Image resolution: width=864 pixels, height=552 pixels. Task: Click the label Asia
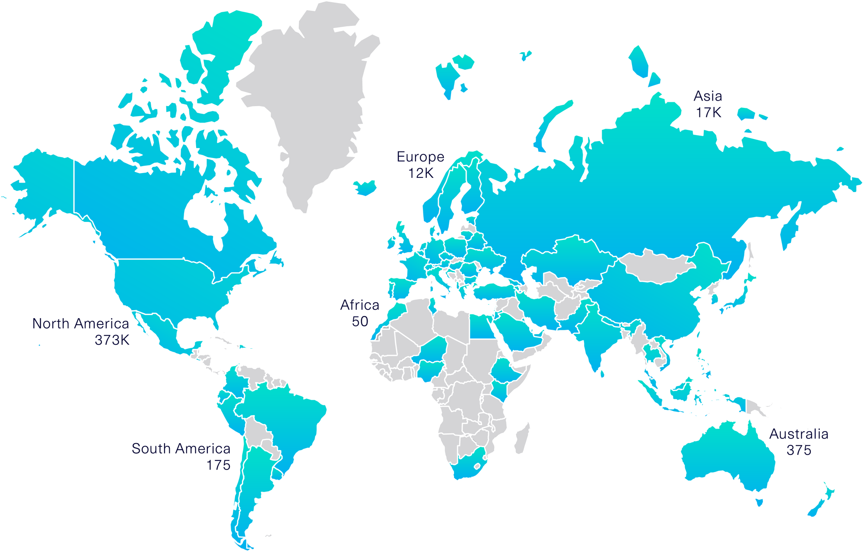coord(708,96)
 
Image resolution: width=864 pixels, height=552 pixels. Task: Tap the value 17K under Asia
coord(708,113)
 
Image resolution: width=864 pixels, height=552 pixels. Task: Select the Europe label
coord(420,157)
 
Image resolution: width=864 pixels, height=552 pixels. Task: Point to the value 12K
coord(421,173)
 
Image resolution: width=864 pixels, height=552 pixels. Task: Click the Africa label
coord(359,305)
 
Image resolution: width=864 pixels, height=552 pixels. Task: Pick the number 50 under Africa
coord(360,322)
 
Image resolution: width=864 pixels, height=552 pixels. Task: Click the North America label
coord(81,324)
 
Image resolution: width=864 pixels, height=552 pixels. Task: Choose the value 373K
coord(112,341)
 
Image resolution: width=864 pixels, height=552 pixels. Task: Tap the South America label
coord(181,449)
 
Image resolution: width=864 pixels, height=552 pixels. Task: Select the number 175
coord(218,465)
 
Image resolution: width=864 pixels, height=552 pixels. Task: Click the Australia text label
coord(799,434)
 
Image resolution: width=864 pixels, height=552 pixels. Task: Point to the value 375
coord(799,451)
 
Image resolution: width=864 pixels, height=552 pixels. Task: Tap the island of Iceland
coord(365,188)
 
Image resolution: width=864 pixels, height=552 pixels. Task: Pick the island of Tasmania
coord(759,502)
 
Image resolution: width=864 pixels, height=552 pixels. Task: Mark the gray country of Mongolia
coord(652,265)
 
